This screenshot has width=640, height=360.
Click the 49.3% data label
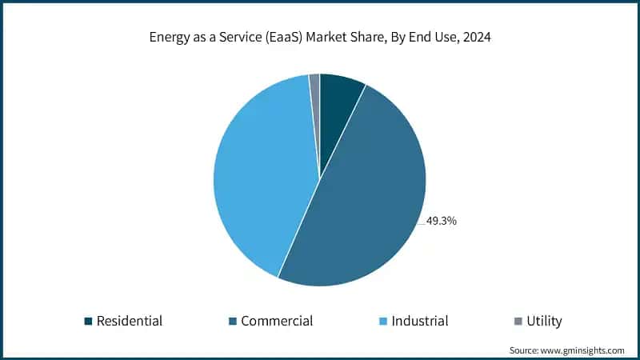coord(441,221)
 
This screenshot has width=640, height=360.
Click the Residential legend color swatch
coord(88,322)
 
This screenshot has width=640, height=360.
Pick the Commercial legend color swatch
coord(232,322)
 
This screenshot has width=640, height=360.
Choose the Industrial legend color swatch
coord(383,322)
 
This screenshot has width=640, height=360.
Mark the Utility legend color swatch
coord(518,322)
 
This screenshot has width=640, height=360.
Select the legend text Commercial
coord(277,322)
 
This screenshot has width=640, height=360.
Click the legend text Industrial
coord(420,322)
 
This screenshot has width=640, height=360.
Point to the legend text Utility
coord(544,322)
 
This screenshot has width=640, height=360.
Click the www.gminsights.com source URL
coord(584,350)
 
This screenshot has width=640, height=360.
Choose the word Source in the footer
coord(525,350)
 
